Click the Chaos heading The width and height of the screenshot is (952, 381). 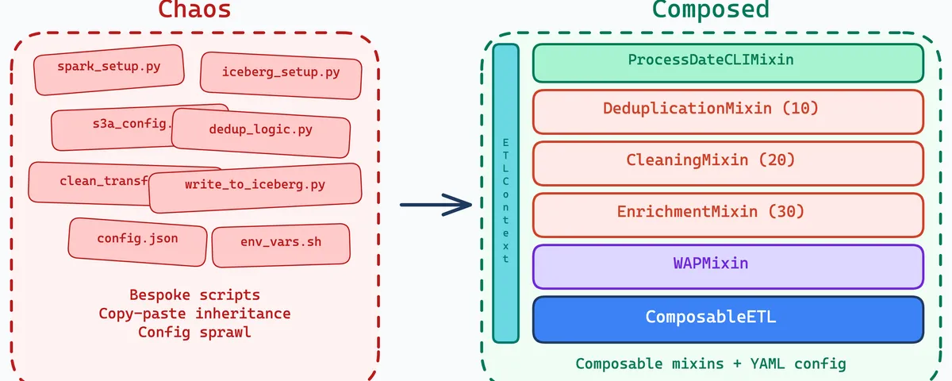click(194, 10)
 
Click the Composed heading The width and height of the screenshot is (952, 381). click(710, 10)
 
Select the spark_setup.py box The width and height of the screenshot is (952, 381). click(109, 68)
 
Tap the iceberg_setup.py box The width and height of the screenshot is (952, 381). click(281, 74)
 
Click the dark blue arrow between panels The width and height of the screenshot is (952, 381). click(436, 205)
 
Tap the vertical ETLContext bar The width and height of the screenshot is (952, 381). click(505, 193)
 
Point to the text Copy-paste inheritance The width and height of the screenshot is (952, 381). click(194, 314)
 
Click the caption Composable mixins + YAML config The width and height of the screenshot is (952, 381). click(711, 364)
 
